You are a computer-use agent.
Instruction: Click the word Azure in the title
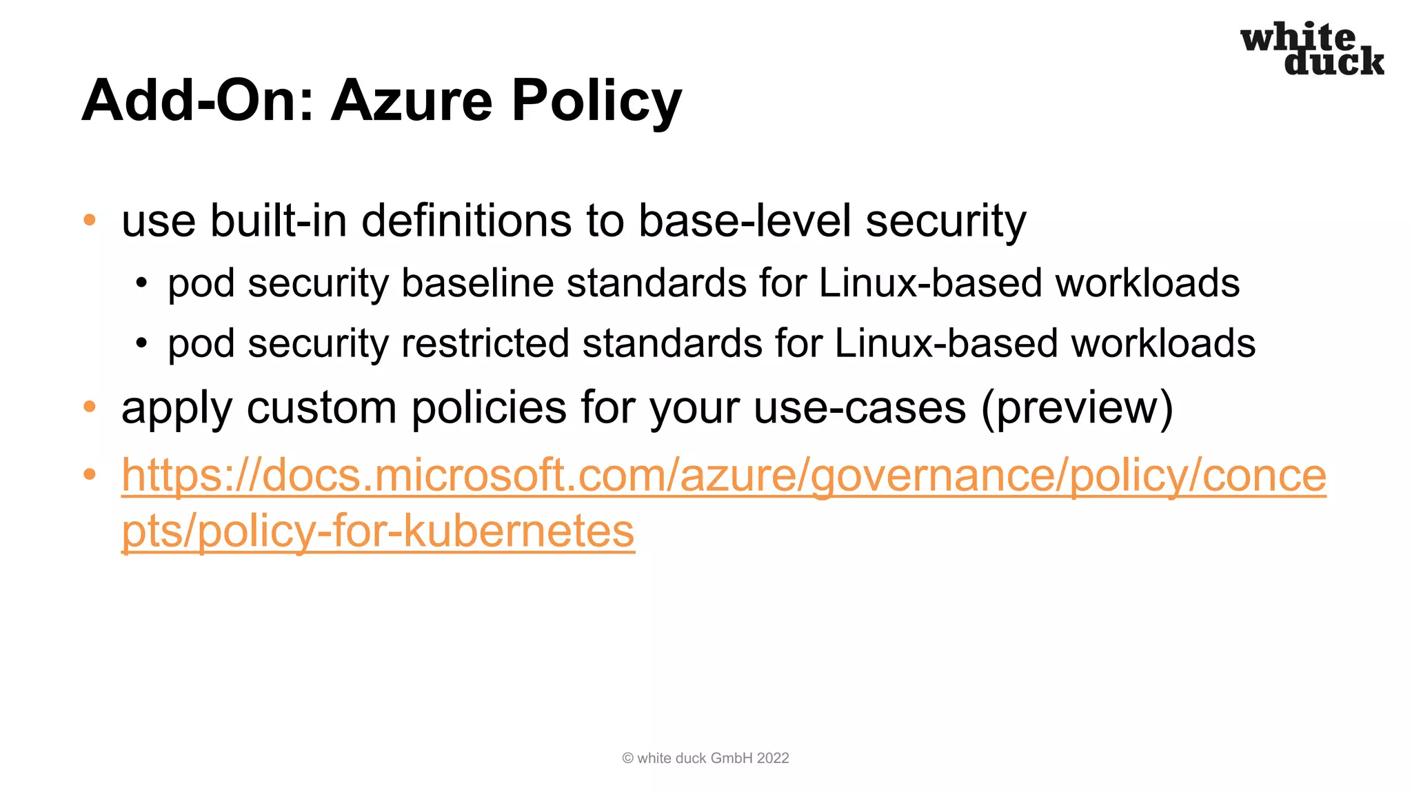pos(413,101)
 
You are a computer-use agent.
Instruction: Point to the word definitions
pos(467,221)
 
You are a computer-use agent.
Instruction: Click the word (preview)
pos(1076,407)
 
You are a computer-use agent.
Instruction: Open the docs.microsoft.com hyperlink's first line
pos(723,475)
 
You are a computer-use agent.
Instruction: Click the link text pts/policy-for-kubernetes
pos(378,531)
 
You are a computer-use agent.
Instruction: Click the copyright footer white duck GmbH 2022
pos(705,758)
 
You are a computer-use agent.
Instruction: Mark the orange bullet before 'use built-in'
pos(90,221)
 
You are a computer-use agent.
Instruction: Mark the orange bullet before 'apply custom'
pos(90,407)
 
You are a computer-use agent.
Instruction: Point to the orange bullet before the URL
pos(90,474)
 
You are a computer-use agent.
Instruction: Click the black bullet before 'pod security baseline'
pos(141,283)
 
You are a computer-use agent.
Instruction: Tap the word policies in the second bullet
pos(489,407)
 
